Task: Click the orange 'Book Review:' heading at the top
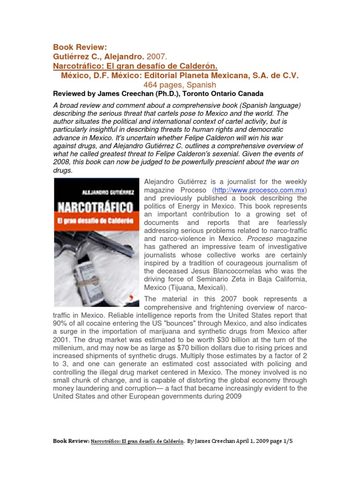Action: click(x=80, y=47)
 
